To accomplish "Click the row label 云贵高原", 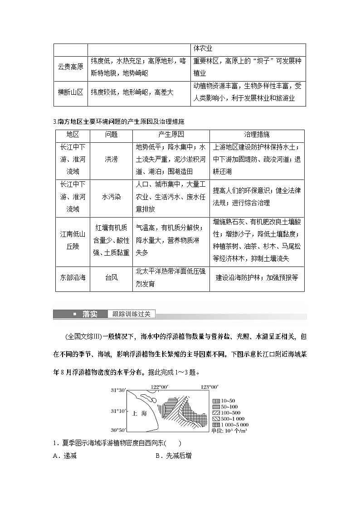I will [x=70, y=67].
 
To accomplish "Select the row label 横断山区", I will [x=70, y=92].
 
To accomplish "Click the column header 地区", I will [x=73, y=135].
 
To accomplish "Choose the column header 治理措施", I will [x=257, y=135].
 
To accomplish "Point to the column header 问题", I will [x=111, y=135].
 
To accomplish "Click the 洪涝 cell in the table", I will [x=111, y=160].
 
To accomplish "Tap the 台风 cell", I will [x=111, y=277].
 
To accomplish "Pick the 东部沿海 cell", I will [x=73, y=277].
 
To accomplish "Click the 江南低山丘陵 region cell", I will [x=73, y=240].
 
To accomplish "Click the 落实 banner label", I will [x=89, y=314].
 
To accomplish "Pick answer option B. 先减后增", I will [x=173, y=456].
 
